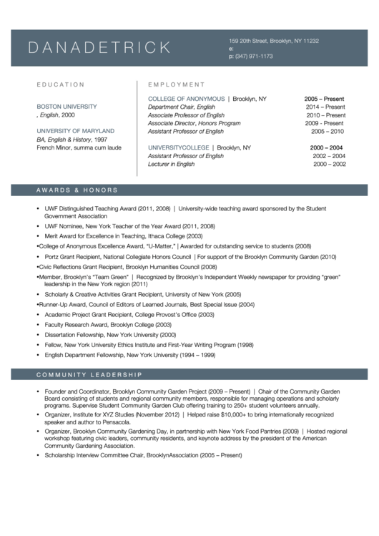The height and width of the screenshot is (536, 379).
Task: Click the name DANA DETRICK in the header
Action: pyautogui.click(x=99, y=48)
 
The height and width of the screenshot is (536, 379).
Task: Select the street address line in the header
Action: pyautogui.click(x=273, y=41)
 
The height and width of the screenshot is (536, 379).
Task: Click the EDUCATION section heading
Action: pyautogui.click(x=61, y=84)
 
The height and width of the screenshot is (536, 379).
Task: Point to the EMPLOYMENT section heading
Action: pyautogui.click(x=176, y=84)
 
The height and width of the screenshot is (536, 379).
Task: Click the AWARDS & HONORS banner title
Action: pyautogui.click(x=77, y=190)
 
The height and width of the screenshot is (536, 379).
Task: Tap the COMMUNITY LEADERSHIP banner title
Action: pyautogui.click(x=89, y=375)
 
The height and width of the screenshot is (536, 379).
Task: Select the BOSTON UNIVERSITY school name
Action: pyautogui.click(x=67, y=107)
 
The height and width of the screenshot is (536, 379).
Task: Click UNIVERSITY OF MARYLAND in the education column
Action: pyautogui.click(x=75, y=132)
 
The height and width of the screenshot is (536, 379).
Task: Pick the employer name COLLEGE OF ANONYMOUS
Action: pyautogui.click(x=186, y=98)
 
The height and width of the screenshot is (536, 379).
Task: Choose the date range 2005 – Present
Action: pyautogui.click(x=324, y=98)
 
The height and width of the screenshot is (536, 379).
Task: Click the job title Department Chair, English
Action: pyautogui.click(x=181, y=107)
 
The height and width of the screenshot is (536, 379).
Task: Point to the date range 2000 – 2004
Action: pyautogui.click(x=326, y=147)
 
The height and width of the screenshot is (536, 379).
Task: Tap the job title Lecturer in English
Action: pyautogui.click(x=171, y=165)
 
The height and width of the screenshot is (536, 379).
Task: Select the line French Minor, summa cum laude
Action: pyautogui.click(x=79, y=148)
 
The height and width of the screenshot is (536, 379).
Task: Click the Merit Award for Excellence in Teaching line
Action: pyautogui.click(x=124, y=235)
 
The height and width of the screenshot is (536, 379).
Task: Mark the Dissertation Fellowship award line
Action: pyautogui.click(x=110, y=335)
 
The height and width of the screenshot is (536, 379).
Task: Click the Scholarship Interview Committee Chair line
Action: pyautogui.click(x=143, y=455)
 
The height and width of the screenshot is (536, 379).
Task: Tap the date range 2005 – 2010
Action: pyautogui.click(x=328, y=132)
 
